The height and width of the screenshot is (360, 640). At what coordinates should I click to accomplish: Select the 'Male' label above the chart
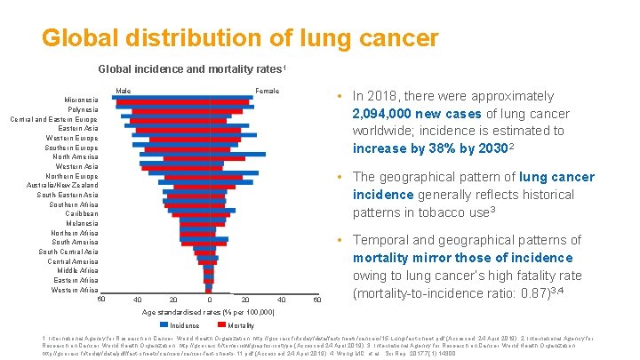click(124, 91)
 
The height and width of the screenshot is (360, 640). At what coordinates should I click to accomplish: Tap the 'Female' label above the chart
click(267, 91)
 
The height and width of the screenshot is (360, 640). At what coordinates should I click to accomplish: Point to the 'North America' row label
click(76, 156)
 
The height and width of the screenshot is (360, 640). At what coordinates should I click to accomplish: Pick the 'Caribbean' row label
click(82, 213)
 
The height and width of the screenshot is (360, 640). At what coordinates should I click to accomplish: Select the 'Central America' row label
click(73, 261)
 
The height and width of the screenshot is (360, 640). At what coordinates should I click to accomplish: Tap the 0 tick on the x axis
click(209, 300)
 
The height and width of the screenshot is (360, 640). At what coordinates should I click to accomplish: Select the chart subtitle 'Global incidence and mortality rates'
click(191, 69)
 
